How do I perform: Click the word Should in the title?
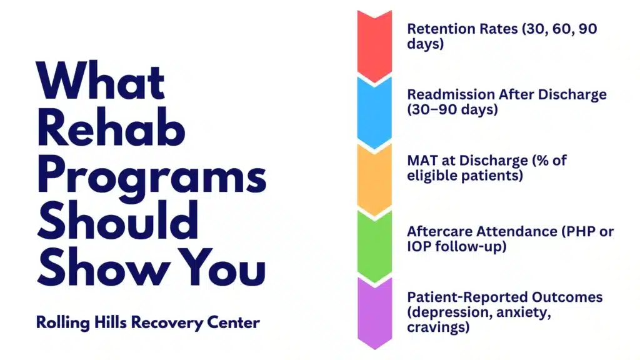[x=118, y=224]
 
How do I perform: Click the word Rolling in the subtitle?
[x=60, y=323]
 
